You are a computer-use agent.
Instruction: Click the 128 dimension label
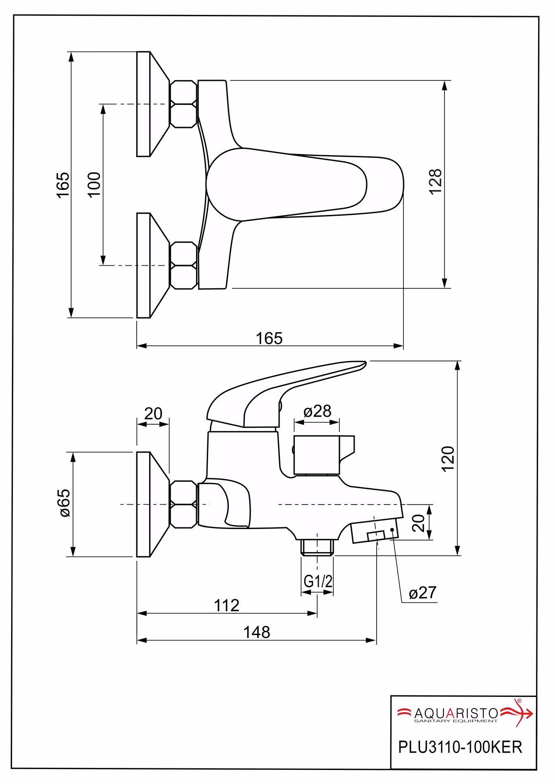click(x=436, y=181)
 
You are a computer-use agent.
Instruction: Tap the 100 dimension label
click(x=95, y=184)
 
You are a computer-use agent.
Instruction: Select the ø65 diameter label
click(x=65, y=503)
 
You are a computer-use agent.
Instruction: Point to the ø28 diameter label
click(x=317, y=411)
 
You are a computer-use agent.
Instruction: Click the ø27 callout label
click(x=422, y=593)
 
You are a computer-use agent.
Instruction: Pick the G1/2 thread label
click(x=318, y=581)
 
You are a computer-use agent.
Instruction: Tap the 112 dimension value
click(x=227, y=605)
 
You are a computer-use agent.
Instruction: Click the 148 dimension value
click(x=256, y=632)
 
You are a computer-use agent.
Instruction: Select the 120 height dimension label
click(x=448, y=458)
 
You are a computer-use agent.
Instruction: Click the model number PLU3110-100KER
click(x=460, y=747)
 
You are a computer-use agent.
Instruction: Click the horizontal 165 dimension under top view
click(x=269, y=338)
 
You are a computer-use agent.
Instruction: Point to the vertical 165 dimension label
click(x=63, y=184)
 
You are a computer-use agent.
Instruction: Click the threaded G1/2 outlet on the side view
click(x=317, y=547)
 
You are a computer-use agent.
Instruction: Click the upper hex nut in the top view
click(x=184, y=104)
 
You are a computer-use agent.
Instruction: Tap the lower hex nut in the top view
click(x=184, y=265)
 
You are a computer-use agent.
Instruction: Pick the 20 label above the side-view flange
click(x=153, y=413)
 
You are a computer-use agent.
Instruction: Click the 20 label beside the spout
click(x=418, y=523)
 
